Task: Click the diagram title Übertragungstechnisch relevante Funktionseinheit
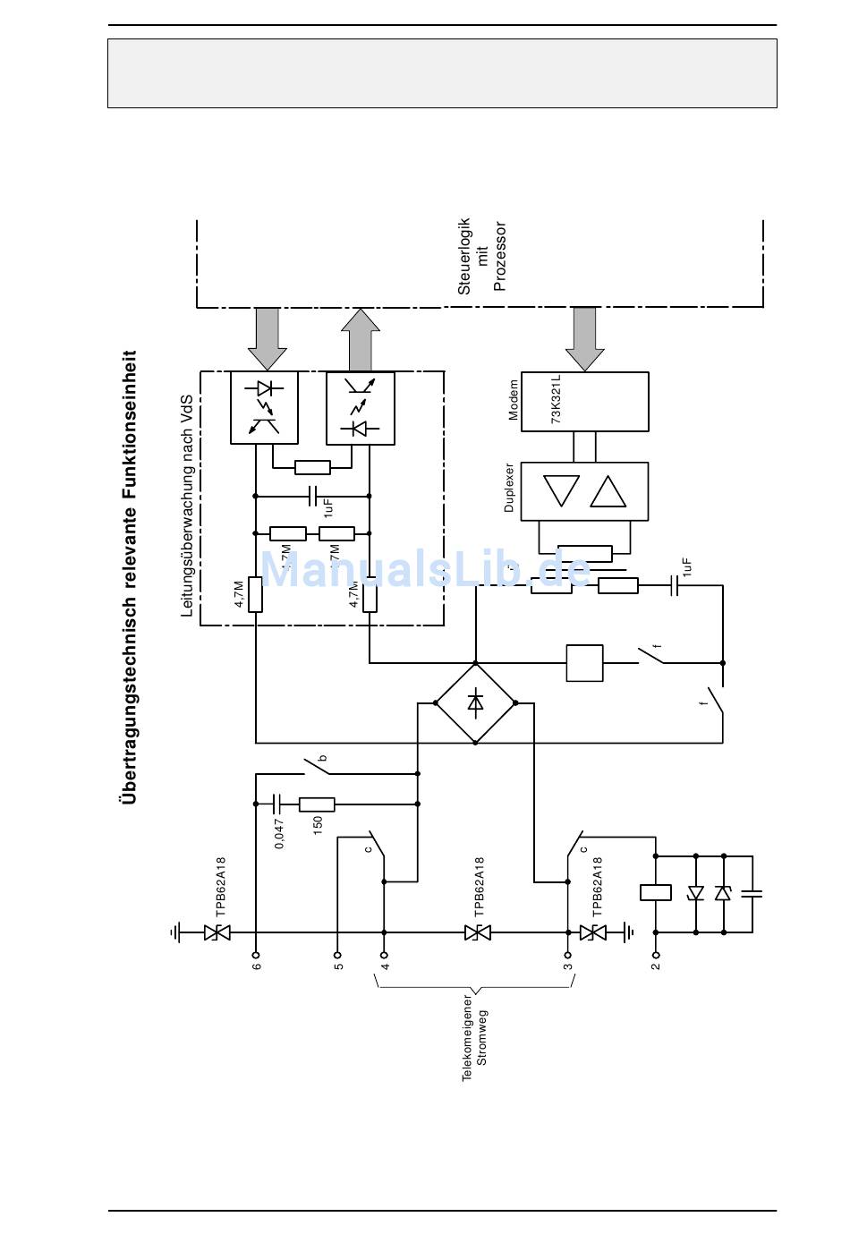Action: click(130, 576)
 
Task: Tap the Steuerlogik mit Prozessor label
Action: click(482, 256)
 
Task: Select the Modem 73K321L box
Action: click(584, 402)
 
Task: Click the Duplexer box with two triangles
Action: click(584, 491)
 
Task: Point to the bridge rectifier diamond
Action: click(475, 703)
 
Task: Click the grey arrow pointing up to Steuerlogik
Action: click(361, 340)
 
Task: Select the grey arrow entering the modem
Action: click(585, 338)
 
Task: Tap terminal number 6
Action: click(257, 966)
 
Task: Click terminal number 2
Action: click(656, 966)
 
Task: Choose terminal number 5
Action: click(338, 966)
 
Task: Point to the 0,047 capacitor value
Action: click(280, 833)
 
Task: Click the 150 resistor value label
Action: click(318, 825)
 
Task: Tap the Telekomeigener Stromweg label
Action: click(474, 1037)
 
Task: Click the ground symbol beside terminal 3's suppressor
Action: click(629, 932)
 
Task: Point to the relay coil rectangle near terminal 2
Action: click(656, 892)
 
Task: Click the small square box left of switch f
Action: click(584, 663)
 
